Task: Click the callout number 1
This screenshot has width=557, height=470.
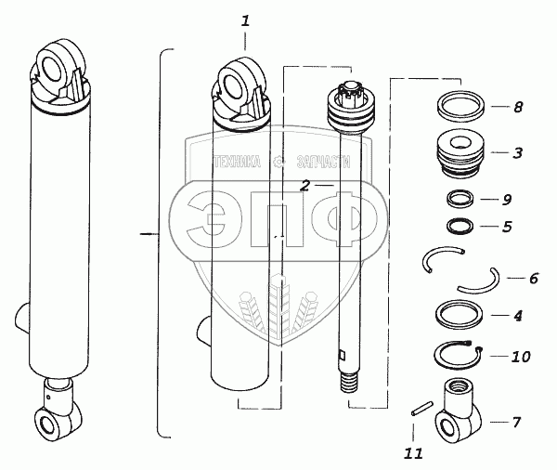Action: pos(245,20)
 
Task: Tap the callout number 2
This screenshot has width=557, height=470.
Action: pos(304,186)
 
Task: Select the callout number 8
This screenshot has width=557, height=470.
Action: pos(518,107)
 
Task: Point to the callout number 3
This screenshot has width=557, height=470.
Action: pos(518,153)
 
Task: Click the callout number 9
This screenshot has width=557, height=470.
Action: pos(507,200)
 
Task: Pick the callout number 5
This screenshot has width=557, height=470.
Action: pos(507,227)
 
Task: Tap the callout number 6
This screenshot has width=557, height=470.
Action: pos(534,278)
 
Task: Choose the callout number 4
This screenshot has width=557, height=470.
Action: pos(518,316)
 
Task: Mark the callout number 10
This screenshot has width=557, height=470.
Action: pos(521,357)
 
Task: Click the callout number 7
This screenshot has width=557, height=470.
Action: pos(516,422)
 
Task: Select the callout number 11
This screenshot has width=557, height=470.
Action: pos(413,453)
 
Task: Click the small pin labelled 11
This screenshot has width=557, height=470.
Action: pos(422,408)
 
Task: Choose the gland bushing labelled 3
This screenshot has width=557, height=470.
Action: pos(460,153)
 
